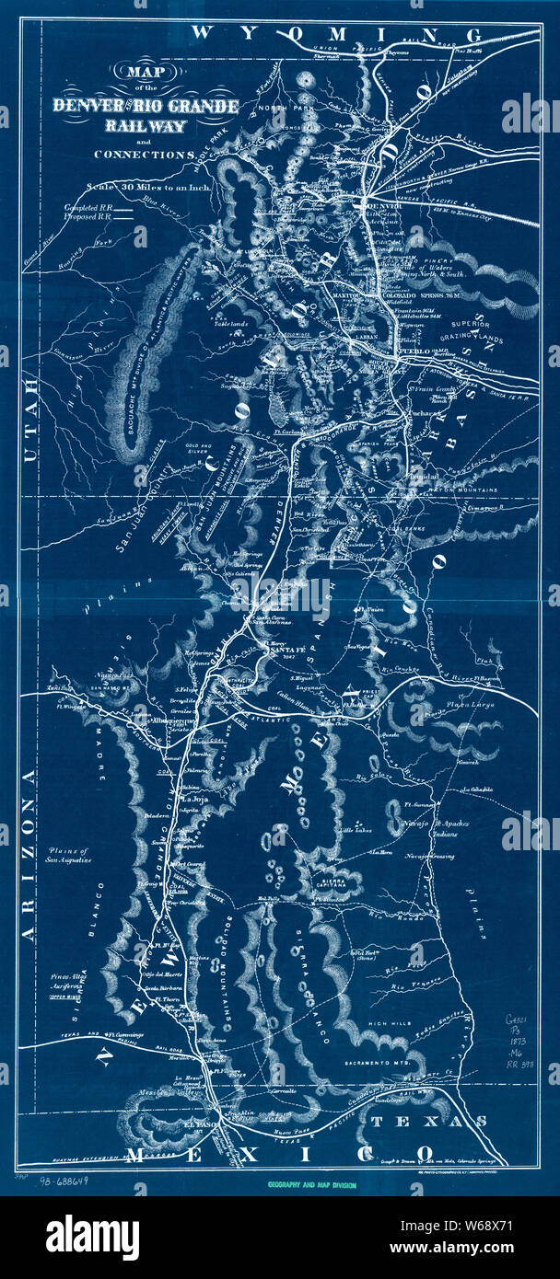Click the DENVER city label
coord(374,206)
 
